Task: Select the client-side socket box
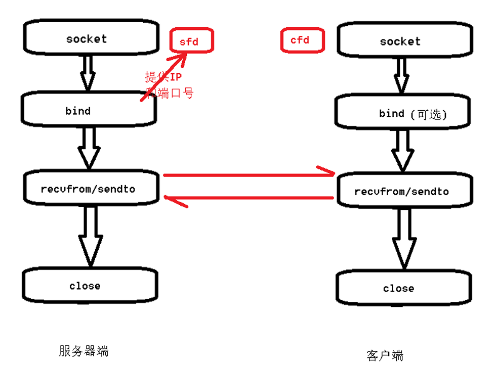400,41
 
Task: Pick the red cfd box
302,40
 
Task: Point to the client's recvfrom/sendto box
402,192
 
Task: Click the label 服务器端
84,351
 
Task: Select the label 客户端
385,355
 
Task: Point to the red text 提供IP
163,77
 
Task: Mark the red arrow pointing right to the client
248,174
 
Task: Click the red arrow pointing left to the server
248,199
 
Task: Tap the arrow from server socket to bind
88,72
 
